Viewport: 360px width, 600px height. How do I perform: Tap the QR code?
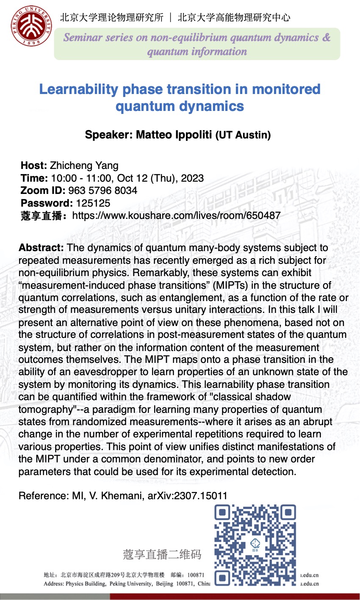click(x=255, y=545)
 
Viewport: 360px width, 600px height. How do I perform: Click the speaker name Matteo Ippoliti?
click(x=174, y=135)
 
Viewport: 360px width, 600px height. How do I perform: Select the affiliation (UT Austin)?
click(x=243, y=135)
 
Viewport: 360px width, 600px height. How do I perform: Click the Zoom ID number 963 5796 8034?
click(x=103, y=191)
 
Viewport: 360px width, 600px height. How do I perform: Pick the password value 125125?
click(x=93, y=203)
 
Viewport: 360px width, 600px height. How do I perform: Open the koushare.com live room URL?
click(x=176, y=216)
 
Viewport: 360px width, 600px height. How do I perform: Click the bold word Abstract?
click(x=41, y=248)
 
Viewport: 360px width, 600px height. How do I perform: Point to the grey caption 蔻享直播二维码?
click(x=162, y=554)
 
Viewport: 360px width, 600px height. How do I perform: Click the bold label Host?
click(x=34, y=166)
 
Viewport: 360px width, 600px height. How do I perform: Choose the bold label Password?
click(x=47, y=203)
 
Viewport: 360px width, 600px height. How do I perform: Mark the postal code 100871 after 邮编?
click(x=196, y=575)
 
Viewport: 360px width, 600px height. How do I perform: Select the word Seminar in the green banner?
click(x=83, y=37)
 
